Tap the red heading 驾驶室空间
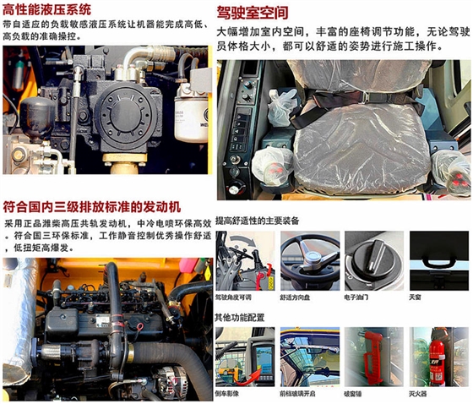coord(252,12)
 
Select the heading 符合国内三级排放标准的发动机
coord(93,206)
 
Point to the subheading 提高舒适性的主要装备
coord(258,221)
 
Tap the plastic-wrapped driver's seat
coord(361,127)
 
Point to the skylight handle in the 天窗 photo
coord(438,263)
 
